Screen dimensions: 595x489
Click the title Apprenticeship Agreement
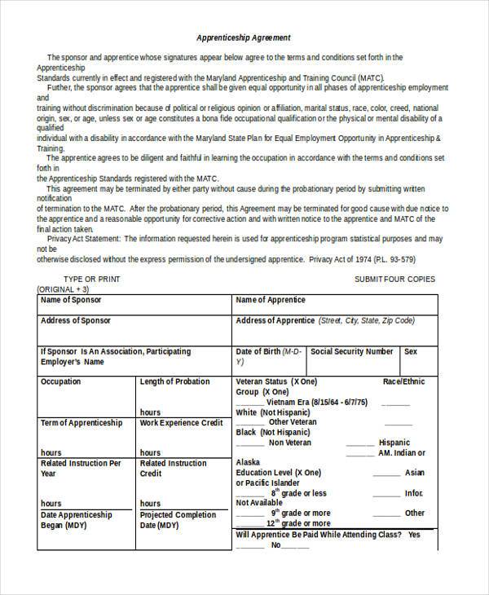click(x=243, y=38)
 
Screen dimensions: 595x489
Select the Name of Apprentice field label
click(x=271, y=300)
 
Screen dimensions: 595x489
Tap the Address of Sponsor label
click(x=76, y=321)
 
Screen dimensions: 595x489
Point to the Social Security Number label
click(x=352, y=351)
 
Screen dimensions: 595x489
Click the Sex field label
click(x=411, y=351)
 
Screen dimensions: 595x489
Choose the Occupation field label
click(x=61, y=381)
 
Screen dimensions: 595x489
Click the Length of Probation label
click(x=174, y=381)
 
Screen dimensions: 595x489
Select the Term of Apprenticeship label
click(x=81, y=423)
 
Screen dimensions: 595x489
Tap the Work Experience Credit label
click(x=181, y=423)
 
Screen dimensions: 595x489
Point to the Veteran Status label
click(x=262, y=381)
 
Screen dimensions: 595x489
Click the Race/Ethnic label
click(x=403, y=381)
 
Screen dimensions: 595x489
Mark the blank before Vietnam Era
click(x=249, y=403)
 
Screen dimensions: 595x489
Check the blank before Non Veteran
click(x=249, y=443)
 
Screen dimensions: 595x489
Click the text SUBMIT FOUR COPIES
click(x=394, y=279)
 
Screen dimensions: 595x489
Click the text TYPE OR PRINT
click(x=90, y=279)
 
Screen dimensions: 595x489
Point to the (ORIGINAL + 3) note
click(x=64, y=289)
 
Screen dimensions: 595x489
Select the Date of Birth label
click(x=258, y=351)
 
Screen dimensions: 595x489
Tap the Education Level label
click(x=267, y=473)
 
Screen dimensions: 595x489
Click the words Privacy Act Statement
click(x=84, y=239)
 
